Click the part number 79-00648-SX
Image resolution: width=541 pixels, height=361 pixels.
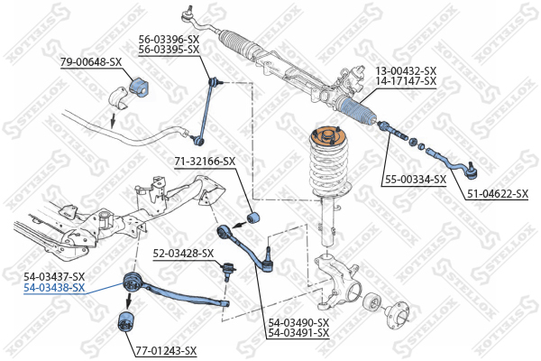(x=90, y=61)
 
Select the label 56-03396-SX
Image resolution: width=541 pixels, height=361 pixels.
(x=168, y=39)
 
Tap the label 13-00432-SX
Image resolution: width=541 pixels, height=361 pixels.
(x=405, y=70)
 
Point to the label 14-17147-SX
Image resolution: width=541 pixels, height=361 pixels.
(x=405, y=81)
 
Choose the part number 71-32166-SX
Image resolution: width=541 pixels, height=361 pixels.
(x=205, y=162)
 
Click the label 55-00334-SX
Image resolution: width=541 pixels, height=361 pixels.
(x=416, y=179)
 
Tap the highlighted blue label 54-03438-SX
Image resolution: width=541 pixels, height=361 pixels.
(x=54, y=288)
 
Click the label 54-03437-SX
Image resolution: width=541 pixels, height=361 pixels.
(x=54, y=276)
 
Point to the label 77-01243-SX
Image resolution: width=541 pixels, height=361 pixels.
(x=166, y=352)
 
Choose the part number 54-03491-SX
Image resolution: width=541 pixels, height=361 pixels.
(x=298, y=333)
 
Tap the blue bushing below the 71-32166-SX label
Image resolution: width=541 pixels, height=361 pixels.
(x=253, y=217)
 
